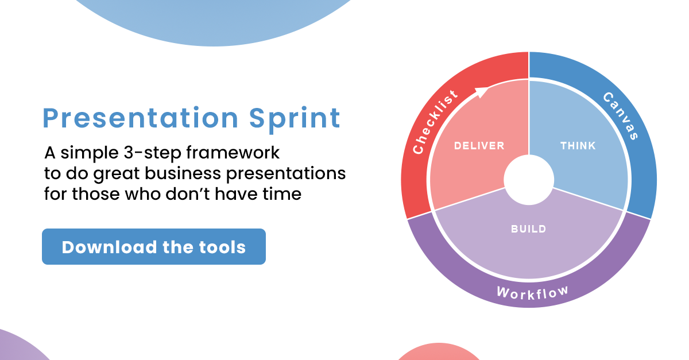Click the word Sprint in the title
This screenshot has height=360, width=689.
click(x=295, y=119)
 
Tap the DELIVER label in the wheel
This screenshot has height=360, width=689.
click(x=479, y=146)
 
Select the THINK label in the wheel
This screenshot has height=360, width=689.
click(x=578, y=146)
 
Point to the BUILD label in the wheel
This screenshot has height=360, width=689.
click(x=528, y=229)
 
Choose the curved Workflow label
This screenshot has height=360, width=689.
click(x=532, y=292)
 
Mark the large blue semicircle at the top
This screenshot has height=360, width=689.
click(x=212, y=17)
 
